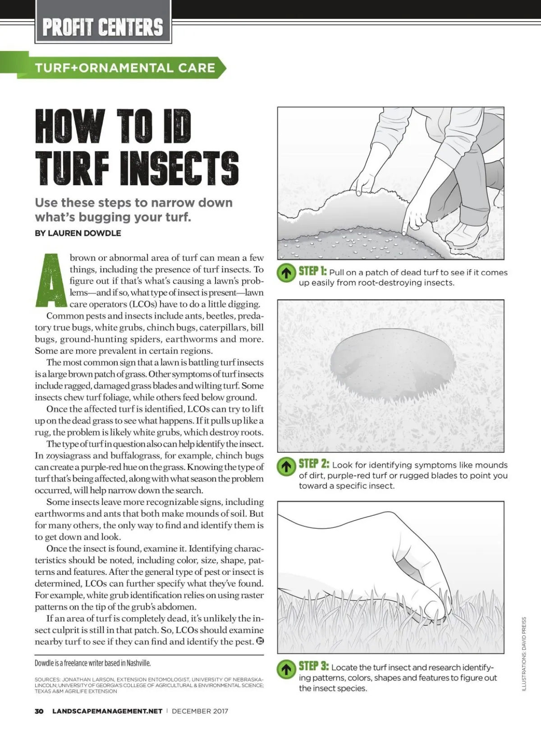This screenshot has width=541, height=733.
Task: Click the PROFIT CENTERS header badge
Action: pyautogui.click(x=103, y=27)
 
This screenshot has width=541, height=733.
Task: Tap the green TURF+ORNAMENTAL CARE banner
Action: pyautogui.click(x=125, y=68)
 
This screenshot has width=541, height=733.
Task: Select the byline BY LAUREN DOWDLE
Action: pyautogui.click(x=78, y=233)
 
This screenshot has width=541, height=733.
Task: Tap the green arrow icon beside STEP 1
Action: pyautogui.click(x=286, y=273)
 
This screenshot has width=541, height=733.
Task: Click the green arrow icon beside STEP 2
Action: pyautogui.click(x=286, y=466)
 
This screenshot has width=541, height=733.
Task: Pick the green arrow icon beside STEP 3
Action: pyautogui.click(x=286, y=669)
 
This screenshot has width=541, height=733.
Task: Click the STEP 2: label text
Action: pyautogui.click(x=314, y=464)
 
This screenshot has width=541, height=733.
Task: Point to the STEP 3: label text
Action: pyautogui.click(x=314, y=666)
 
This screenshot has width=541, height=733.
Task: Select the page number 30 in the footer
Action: pyautogui.click(x=39, y=711)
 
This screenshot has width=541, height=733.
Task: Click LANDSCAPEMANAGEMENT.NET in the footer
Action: pyautogui.click(x=107, y=711)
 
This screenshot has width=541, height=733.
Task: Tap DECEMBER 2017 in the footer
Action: pyautogui.click(x=200, y=711)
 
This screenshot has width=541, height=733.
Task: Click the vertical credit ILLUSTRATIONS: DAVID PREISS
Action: pyautogui.click(x=523, y=654)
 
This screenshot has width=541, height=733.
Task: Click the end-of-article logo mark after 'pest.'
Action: pyautogui.click(x=260, y=641)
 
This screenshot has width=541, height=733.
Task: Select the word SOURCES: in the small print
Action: pyautogui.click(x=47, y=679)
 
